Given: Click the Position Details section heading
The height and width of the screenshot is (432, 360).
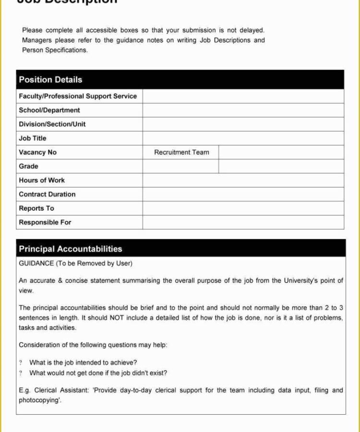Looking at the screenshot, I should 50,80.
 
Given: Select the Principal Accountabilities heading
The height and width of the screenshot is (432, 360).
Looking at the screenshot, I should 71,249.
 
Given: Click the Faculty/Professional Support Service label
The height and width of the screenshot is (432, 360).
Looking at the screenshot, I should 78,96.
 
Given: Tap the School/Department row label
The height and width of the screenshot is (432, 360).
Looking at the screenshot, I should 49,110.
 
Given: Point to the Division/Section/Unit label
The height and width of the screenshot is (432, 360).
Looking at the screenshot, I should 52,124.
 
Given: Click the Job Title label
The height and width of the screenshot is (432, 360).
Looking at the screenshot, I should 33,138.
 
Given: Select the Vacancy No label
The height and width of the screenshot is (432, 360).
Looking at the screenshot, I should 37,152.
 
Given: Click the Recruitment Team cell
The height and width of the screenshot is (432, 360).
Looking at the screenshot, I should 181,152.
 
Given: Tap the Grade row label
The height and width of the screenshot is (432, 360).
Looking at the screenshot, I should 28,166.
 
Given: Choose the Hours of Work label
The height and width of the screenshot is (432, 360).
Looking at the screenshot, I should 42,180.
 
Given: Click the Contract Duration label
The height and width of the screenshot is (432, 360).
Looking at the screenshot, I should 47,194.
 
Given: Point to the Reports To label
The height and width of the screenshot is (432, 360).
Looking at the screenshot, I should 36,208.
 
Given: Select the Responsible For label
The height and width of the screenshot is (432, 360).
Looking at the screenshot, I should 45,222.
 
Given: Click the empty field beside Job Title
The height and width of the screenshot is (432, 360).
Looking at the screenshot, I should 243,138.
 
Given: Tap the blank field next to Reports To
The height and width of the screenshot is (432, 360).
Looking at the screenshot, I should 243,208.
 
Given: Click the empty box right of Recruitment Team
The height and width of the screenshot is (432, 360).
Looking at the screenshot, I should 281,152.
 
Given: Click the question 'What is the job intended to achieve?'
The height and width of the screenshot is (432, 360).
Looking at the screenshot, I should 83,363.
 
